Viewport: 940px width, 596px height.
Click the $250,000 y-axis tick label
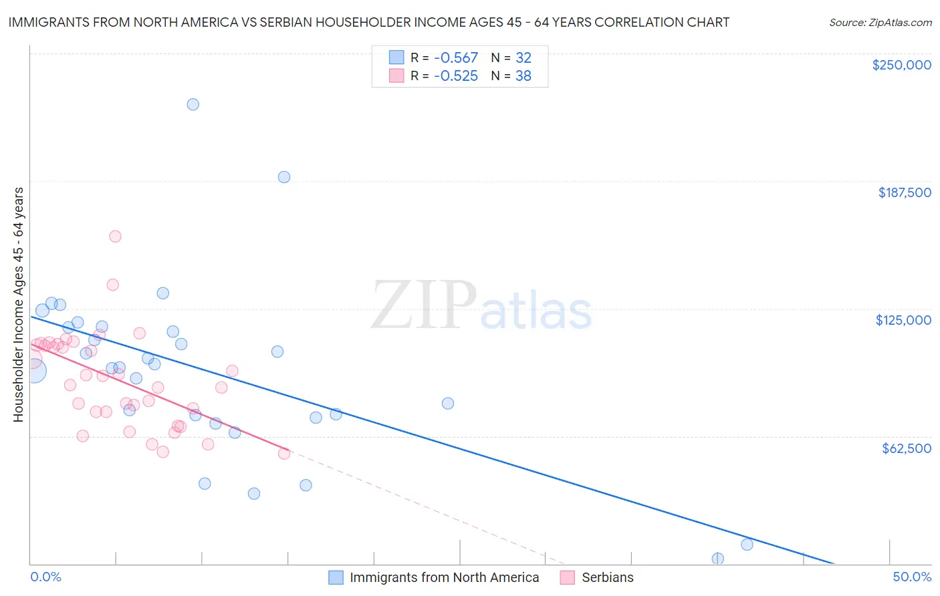pyautogui.click(x=901, y=65)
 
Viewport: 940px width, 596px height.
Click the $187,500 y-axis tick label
pyautogui.click(x=904, y=192)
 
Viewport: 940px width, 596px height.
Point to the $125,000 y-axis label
pyautogui.click(x=903, y=320)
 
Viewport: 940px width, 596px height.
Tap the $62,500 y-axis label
pyautogui.click(x=906, y=448)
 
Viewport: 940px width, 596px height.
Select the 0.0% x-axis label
pyautogui.click(x=45, y=577)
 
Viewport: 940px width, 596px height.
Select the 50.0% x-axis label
pyautogui.click(x=912, y=577)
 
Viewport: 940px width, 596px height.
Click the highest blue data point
pyautogui.click(x=193, y=104)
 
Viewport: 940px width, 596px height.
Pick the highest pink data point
pyautogui.click(x=115, y=236)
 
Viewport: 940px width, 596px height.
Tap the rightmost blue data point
pyautogui.click(x=747, y=545)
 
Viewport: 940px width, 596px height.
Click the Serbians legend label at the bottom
pyautogui.click(x=607, y=577)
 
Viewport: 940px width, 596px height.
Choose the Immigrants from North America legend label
pyautogui.click(x=444, y=577)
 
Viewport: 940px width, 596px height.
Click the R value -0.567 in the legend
pyautogui.click(x=455, y=58)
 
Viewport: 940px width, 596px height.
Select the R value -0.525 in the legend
pyautogui.click(x=455, y=76)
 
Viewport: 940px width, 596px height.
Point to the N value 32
pyautogui.click(x=523, y=58)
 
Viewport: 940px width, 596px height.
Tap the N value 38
pyautogui.click(x=523, y=76)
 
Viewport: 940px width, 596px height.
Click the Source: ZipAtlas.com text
pyautogui.click(x=880, y=23)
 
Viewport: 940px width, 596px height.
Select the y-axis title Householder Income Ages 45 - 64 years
pyautogui.click(x=19, y=305)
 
